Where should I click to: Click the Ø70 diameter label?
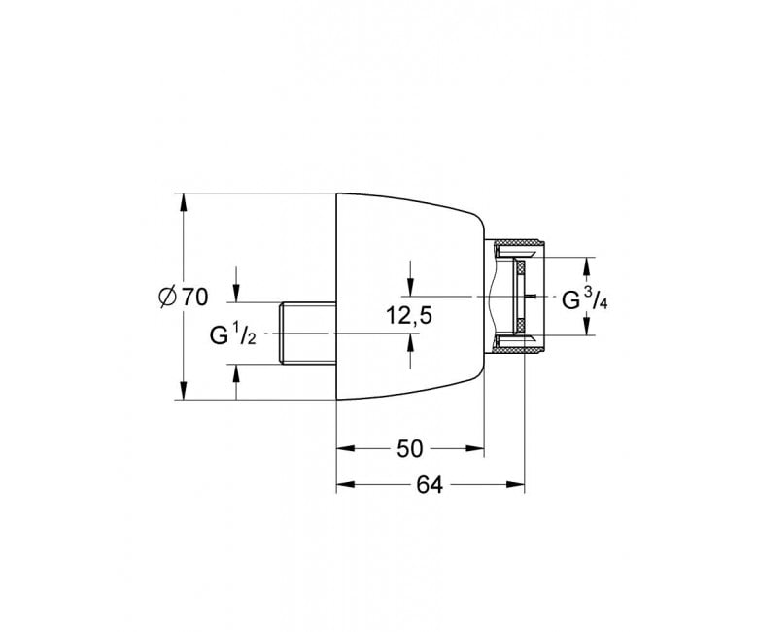[184, 297]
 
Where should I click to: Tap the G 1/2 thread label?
[233, 334]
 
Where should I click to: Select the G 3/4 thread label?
[584, 298]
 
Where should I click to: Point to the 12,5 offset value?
[408, 316]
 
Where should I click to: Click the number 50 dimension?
[409, 449]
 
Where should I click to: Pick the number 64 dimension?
[430, 485]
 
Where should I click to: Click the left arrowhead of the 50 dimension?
[346, 449]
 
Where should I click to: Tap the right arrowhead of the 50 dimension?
[474, 449]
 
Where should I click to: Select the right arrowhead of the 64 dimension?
[515, 484]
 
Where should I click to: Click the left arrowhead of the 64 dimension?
[346, 484]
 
